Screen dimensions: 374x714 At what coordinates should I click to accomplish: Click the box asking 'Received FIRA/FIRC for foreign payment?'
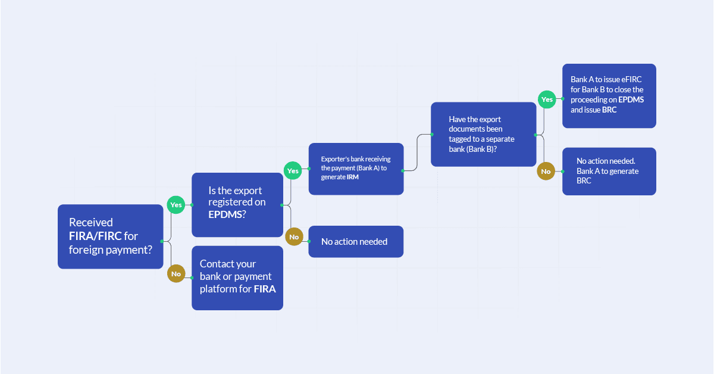pos(110,236)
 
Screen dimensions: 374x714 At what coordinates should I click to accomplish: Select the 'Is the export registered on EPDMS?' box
pos(237,204)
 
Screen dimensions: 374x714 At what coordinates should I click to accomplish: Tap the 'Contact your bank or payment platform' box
pos(237,278)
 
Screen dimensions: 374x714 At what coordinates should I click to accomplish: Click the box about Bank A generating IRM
pos(356,169)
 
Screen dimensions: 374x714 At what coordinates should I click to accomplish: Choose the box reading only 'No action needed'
pos(355,241)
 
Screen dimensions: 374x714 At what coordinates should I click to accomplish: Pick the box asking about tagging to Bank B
pos(483,134)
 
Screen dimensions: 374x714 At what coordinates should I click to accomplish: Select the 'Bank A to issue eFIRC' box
pos(609,95)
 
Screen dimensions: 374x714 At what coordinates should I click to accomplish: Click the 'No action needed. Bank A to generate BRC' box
pos(609,172)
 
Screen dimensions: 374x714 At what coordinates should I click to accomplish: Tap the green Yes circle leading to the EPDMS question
pos(176,204)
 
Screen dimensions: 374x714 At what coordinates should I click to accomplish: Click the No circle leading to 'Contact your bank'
pos(176,274)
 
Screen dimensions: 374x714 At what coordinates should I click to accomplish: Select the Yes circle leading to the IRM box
pos(293,171)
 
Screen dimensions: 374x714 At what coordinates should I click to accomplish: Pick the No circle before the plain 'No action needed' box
pos(293,237)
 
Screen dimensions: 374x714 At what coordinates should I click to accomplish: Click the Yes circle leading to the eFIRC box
pos(546,99)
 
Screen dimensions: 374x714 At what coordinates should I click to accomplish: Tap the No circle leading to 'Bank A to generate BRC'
pos(546,172)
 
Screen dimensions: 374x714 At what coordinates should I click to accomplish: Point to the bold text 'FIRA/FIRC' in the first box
pos(95,236)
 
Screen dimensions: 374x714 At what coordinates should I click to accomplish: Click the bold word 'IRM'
pos(352,177)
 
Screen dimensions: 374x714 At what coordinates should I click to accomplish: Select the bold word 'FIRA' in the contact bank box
pos(265,289)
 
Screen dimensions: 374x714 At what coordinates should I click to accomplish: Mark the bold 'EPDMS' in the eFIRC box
pos(631,99)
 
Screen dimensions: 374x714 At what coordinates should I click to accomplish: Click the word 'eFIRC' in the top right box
pos(630,80)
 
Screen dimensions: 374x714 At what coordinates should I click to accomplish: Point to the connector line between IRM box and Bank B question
pos(417,152)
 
